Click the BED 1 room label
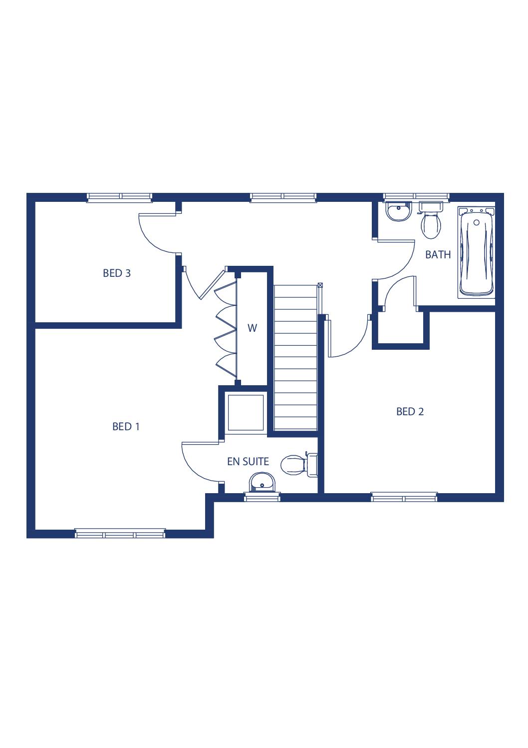(x=126, y=427)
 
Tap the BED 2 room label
(x=410, y=412)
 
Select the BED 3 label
(x=117, y=273)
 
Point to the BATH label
(x=438, y=255)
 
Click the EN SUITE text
(x=248, y=462)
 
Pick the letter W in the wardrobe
(x=252, y=328)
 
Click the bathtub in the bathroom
(x=476, y=252)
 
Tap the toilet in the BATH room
(x=431, y=220)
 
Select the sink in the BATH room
(x=398, y=211)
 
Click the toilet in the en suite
(x=299, y=465)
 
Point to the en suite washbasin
(x=263, y=482)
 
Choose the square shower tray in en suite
(x=246, y=413)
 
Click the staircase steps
(x=295, y=357)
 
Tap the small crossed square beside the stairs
(x=320, y=285)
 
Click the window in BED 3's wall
(x=119, y=197)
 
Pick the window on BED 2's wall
(x=404, y=497)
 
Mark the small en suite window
(x=262, y=497)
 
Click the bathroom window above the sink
(x=416, y=197)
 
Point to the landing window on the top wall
(x=283, y=197)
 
